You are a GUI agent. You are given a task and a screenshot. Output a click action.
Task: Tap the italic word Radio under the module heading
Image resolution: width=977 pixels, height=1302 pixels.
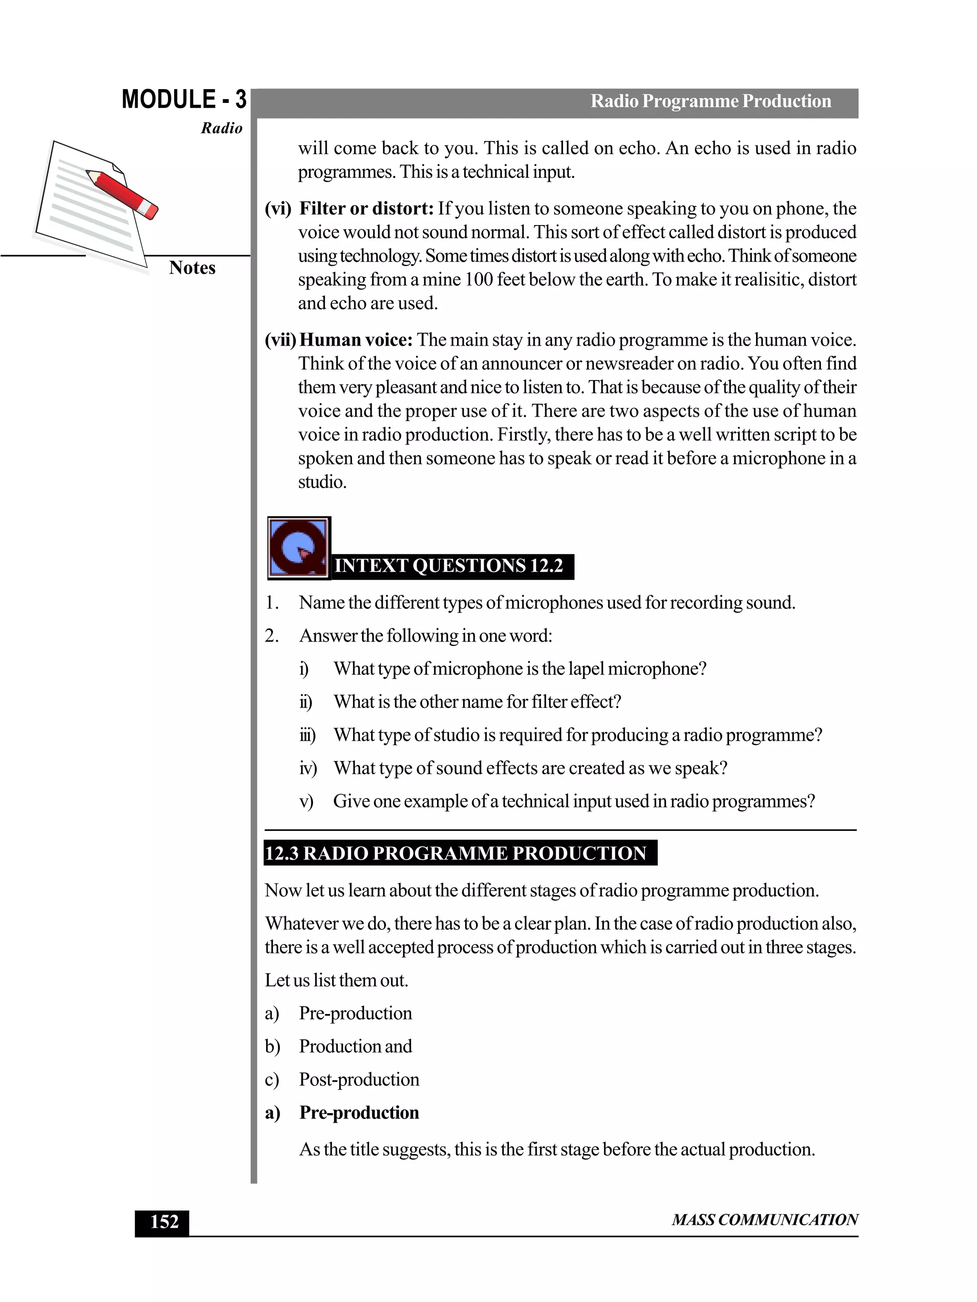(221, 128)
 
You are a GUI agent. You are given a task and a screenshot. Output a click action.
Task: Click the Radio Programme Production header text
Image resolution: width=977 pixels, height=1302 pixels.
(710, 101)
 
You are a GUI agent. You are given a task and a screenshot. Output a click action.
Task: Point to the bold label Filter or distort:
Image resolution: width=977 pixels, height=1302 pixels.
(366, 208)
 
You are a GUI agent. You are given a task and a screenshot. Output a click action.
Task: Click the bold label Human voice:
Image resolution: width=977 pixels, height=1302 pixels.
(356, 339)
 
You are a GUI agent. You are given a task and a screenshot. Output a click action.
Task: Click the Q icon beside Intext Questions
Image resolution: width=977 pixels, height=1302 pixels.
(299, 548)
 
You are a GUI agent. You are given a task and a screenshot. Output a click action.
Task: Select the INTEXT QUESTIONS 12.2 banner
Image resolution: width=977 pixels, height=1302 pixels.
(449, 565)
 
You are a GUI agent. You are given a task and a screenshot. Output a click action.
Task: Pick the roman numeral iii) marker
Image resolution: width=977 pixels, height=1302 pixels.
(307, 735)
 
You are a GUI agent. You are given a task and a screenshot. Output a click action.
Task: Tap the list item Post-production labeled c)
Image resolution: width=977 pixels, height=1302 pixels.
(359, 1079)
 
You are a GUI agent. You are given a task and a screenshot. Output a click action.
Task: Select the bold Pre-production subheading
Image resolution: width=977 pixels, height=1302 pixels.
(359, 1112)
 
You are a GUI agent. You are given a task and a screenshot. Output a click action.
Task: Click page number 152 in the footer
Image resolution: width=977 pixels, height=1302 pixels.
(164, 1222)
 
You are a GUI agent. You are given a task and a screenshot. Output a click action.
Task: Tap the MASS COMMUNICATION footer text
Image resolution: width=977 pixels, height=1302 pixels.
(764, 1220)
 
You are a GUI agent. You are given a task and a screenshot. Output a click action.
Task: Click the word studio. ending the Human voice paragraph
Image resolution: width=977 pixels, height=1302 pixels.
(322, 482)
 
